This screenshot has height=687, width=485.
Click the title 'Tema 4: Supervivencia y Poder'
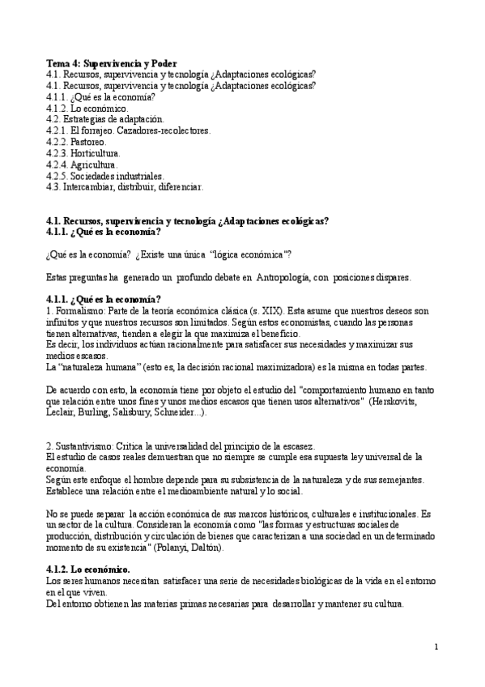point(113,63)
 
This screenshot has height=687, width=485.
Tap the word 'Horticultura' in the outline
point(96,152)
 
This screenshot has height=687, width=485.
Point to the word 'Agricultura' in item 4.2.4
point(94,164)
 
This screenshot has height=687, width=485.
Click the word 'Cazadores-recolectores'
point(168,130)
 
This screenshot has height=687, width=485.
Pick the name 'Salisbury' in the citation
point(130,412)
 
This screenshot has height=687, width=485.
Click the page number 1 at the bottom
point(436,646)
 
